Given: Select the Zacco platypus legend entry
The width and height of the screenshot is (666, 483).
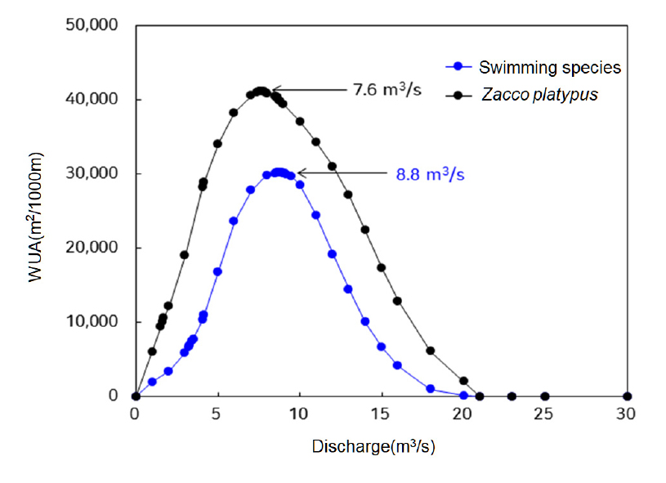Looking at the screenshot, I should [539, 94].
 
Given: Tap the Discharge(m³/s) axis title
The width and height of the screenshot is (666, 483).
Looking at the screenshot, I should [379, 447].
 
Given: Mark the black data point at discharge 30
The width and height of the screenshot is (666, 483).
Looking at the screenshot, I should [627, 396].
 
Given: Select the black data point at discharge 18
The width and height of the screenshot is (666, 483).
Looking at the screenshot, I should [431, 351].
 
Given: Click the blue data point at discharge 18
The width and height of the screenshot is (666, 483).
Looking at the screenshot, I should [431, 389].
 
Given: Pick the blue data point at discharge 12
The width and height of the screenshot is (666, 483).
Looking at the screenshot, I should [332, 254].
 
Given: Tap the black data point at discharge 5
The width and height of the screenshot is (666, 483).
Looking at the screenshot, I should [217, 144].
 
